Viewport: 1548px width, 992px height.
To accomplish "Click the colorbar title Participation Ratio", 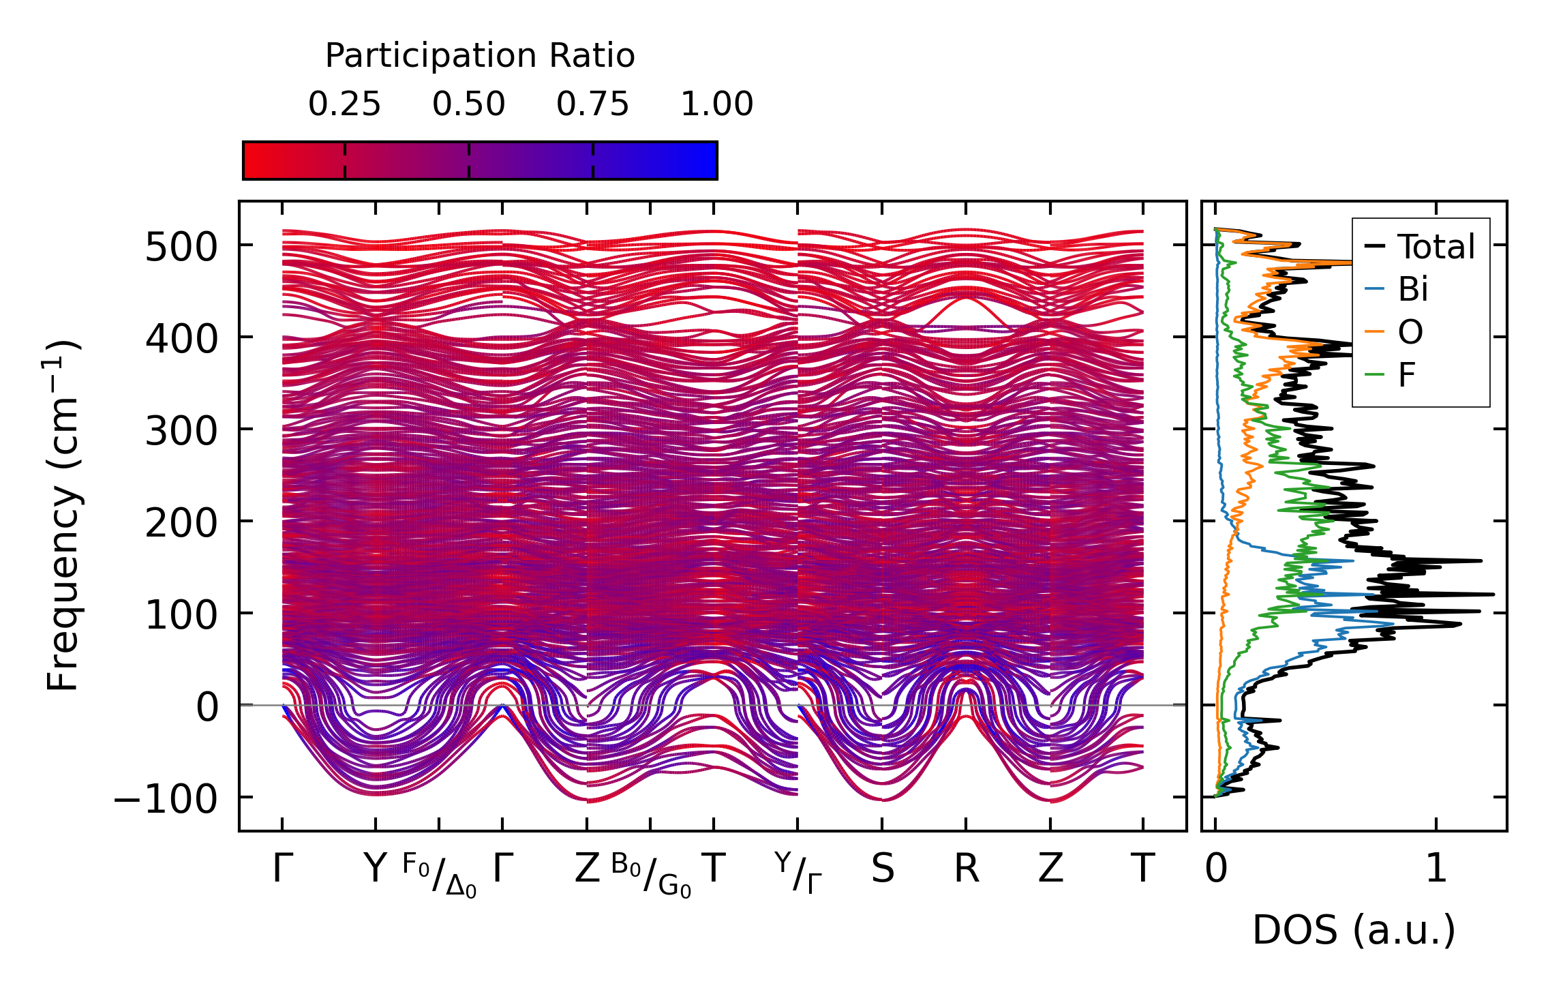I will (480, 56).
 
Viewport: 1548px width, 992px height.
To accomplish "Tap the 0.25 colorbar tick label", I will (344, 104).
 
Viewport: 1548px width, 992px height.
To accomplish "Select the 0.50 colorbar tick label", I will (469, 104).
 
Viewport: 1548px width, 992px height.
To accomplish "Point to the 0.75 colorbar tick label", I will (592, 104).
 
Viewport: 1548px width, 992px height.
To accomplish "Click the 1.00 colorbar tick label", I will (716, 104).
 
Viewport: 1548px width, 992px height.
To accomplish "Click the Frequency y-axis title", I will (63, 515).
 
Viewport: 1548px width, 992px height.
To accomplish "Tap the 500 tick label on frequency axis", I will (181, 247).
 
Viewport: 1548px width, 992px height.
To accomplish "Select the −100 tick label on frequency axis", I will (165, 799).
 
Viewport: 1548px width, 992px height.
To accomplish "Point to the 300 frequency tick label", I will (181, 431).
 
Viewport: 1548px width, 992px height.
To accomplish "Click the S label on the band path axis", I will (882, 869).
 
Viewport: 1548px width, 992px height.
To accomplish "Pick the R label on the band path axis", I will (966, 869).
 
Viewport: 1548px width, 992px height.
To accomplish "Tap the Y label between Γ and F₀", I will (375, 869).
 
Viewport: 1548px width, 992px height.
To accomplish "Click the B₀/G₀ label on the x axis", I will (651, 875).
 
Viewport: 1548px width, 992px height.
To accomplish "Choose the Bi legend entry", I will (1412, 290).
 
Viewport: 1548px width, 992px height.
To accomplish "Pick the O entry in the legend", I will (1410, 333).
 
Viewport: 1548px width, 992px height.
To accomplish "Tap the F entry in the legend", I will (1406, 375).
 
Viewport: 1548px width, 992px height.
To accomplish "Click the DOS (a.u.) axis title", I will (1354, 930).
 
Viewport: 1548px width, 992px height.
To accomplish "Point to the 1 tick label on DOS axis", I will (1436, 869).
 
